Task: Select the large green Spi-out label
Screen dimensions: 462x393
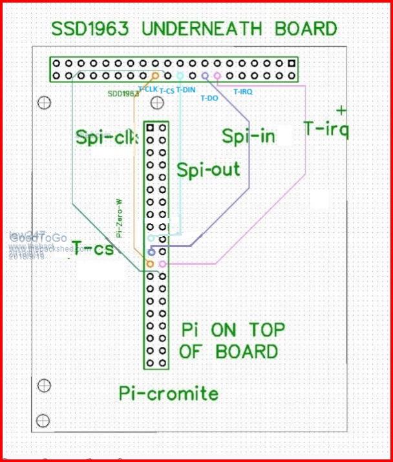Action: tap(208, 170)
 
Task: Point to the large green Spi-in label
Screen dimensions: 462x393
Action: tap(248, 136)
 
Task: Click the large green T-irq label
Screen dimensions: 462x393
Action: tap(326, 129)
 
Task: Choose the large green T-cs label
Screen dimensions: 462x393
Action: tap(92, 247)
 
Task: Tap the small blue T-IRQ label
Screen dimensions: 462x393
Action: tap(242, 92)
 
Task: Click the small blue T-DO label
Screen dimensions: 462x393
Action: tap(209, 98)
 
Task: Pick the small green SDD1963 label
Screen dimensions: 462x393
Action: tap(123, 94)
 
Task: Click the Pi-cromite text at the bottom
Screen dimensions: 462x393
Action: tap(169, 393)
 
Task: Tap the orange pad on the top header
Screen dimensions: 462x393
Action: tap(155, 76)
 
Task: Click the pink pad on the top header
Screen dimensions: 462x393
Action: tap(217, 76)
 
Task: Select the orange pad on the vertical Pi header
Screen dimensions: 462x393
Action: tap(150, 264)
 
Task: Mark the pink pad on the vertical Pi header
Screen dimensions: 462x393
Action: tap(162, 264)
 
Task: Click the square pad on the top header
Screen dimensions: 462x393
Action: tap(292, 63)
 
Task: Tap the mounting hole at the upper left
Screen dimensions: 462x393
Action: tap(44, 102)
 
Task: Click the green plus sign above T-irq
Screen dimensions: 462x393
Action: tap(341, 109)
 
